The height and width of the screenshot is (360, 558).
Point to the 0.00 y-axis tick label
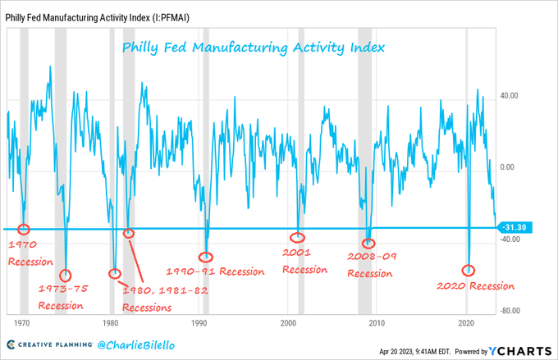pyautogui.click(x=512, y=166)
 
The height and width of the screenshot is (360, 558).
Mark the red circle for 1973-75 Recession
pyautogui.click(x=66, y=275)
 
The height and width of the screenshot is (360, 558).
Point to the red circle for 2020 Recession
pyautogui.click(x=469, y=270)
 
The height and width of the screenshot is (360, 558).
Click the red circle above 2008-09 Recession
pyautogui.click(x=369, y=243)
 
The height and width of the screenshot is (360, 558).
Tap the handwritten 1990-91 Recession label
pyautogui.click(x=215, y=271)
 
